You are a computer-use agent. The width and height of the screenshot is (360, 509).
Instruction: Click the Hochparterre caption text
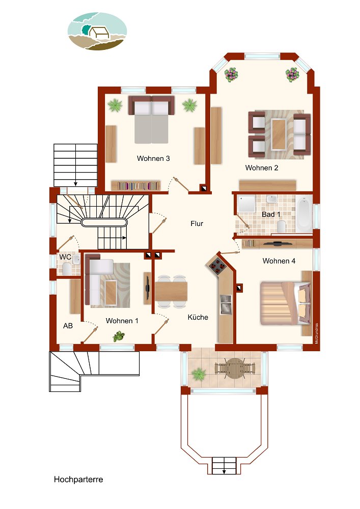78,479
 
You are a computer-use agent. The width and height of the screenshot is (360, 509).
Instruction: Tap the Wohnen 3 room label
153,158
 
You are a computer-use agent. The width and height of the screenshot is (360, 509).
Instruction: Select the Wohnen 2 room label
262,168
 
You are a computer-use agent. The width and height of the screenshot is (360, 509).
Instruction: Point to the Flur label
197,223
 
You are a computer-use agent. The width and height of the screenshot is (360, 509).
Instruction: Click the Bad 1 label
271,214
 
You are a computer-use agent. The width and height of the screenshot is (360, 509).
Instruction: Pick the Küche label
198,317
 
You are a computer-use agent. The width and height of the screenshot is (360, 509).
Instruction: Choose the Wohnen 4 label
279,261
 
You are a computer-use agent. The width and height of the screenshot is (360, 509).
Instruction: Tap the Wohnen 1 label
122,321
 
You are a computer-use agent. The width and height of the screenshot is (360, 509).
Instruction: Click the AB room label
68,326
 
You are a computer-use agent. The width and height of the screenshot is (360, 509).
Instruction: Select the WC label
65,257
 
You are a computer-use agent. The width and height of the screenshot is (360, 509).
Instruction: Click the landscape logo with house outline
97,31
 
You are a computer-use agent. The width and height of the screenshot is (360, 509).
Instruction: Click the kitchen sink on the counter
226,304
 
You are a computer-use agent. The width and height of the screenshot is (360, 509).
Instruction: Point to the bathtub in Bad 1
304,214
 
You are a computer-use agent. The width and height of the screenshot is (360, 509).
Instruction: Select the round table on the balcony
235,369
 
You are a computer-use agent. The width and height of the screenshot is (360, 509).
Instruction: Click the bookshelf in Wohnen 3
135,186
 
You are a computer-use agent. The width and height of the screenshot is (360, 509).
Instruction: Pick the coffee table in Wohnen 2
279,134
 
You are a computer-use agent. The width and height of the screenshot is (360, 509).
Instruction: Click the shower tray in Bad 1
246,204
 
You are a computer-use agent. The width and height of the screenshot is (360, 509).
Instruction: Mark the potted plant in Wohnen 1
119,336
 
